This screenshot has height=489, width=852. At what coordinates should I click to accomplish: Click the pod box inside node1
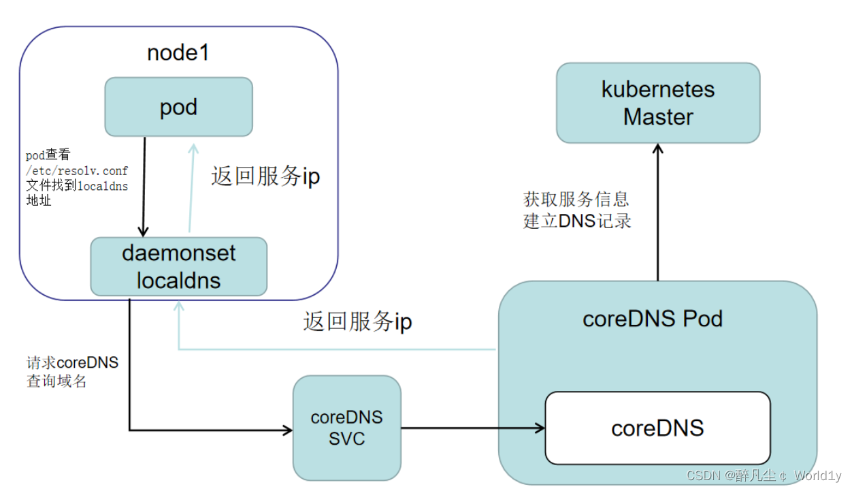[178, 107]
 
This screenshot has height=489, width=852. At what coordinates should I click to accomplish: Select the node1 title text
[178, 54]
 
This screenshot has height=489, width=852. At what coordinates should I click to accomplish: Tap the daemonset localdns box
[178, 266]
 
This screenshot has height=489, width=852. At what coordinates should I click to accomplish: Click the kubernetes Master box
[657, 103]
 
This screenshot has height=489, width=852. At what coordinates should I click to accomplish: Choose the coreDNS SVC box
[346, 428]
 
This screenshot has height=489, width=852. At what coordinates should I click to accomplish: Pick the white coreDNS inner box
[657, 428]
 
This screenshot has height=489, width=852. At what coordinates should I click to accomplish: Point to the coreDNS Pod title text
[652, 319]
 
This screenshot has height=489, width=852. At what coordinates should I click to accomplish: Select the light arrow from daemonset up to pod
[191, 191]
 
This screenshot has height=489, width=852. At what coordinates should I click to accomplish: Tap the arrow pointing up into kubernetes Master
[657, 211]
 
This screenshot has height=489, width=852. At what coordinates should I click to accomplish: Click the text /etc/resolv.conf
[76, 170]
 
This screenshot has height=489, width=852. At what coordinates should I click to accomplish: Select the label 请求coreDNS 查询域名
[72, 372]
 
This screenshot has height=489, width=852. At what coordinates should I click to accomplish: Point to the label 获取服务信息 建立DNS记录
[577, 210]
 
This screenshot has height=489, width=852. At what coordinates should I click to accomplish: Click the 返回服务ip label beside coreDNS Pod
[357, 321]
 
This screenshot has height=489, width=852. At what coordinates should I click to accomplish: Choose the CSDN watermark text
[764, 475]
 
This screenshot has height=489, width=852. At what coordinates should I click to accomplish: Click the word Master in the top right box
[657, 116]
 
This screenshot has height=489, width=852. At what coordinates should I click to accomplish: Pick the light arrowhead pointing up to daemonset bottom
[178, 307]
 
